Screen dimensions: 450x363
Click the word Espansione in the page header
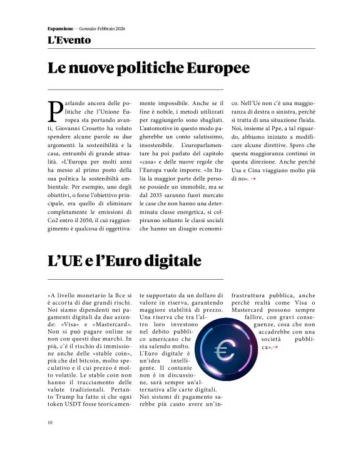click(60, 29)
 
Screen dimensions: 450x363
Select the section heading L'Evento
click(69, 40)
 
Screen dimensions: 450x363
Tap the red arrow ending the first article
click(252, 179)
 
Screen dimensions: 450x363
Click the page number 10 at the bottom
click(50, 422)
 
